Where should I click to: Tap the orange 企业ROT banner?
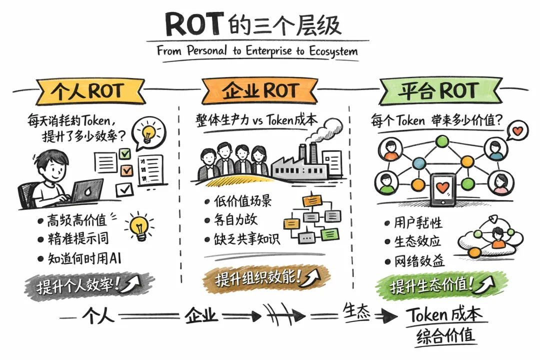pyautogui.click(x=260, y=91)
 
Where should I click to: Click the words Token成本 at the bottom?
pyautogui.click(x=444, y=315)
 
